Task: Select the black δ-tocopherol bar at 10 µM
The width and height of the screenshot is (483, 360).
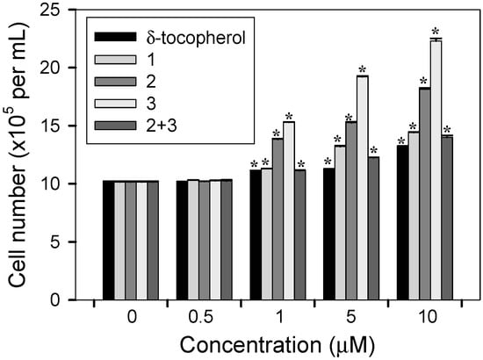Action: [x=402, y=223]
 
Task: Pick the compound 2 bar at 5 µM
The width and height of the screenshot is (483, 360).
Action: [x=350, y=211]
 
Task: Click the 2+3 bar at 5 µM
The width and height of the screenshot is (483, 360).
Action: [x=373, y=228]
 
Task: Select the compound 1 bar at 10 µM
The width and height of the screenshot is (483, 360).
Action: [x=414, y=216]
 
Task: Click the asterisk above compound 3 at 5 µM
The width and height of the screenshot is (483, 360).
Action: [x=362, y=69]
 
